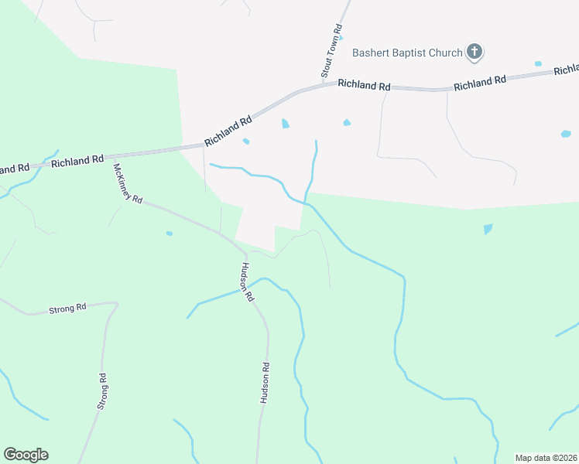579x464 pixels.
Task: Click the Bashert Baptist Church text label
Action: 407,53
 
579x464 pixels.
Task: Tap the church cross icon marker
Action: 475,53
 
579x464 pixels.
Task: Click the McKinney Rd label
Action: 128,183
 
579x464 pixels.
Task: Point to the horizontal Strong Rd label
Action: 67,309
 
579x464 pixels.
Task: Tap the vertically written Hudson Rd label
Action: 265,383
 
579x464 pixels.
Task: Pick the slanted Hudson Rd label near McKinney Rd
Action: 246,282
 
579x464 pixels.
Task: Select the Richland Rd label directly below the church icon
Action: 479,80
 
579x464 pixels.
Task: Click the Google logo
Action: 26,455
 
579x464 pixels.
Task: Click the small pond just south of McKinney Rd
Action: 169,233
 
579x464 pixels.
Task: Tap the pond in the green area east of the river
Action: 487,229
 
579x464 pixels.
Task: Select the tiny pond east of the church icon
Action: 538,63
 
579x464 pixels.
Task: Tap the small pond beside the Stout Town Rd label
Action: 341,37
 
